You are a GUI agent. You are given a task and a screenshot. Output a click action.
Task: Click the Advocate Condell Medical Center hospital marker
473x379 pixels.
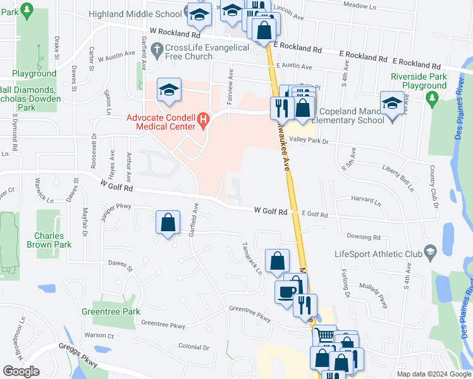204,119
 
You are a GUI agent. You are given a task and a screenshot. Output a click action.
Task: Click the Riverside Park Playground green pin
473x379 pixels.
433,98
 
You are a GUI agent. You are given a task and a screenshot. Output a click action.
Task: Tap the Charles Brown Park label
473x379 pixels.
54,241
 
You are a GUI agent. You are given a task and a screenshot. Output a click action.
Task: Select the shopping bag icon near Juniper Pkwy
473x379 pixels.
168,222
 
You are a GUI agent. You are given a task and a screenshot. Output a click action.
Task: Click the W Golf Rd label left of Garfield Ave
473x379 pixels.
116,184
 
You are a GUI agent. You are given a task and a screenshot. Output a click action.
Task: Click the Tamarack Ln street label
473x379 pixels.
251,258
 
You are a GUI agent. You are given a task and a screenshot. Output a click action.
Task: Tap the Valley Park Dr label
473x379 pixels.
309,140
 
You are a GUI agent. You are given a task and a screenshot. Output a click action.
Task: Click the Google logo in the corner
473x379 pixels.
21,371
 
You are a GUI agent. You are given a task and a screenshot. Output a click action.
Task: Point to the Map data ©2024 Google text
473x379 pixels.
434,374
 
